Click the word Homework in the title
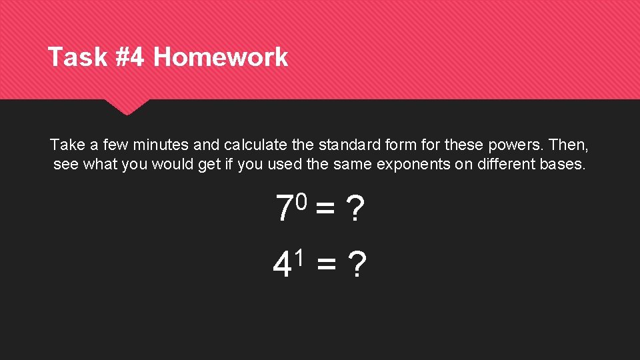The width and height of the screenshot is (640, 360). pyautogui.click(x=221, y=57)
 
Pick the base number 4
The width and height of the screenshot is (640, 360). pyautogui.click(x=283, y=266)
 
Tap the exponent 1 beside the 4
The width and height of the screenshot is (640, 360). pyautogui.click(x=300, y=255)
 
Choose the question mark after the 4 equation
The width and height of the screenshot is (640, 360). pyautogui.click(x=358, y=266)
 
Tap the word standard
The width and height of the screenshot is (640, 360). pyautogui.click(x=347, y=144)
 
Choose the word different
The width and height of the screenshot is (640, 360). pyautogui.click(x=501, y=164)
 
